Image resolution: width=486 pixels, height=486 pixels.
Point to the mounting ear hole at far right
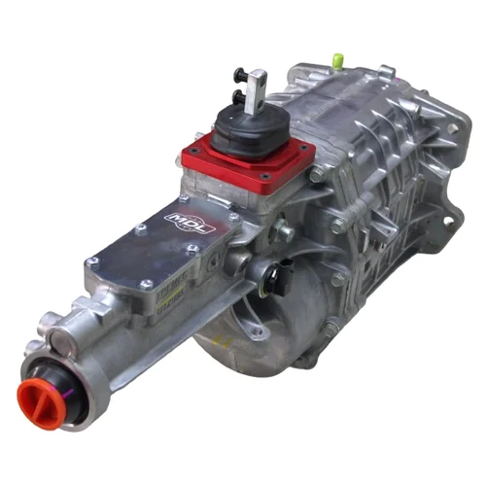pyautogui.click(x=451, y=220)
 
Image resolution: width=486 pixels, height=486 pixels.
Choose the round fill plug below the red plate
pyautogui.click(x=284, y=230)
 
